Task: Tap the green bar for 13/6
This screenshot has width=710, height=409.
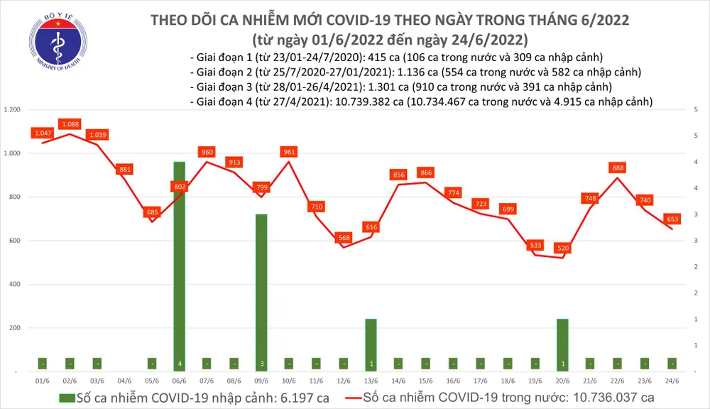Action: (x=371, y=344)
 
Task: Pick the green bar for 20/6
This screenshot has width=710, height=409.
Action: (x=563, y=344)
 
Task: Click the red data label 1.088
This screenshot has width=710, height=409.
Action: (x=70, y=124)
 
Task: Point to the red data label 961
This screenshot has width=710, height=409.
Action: (x=289, y=151)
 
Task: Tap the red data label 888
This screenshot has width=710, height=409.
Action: (x=618, y=168)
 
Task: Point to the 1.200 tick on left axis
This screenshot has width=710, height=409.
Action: (x=12, y=110)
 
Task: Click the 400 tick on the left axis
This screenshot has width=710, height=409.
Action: (x=15, y=285)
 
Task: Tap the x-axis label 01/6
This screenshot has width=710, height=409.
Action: (x=43, y=380)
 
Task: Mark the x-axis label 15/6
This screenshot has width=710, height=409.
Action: (x=426, y=380)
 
